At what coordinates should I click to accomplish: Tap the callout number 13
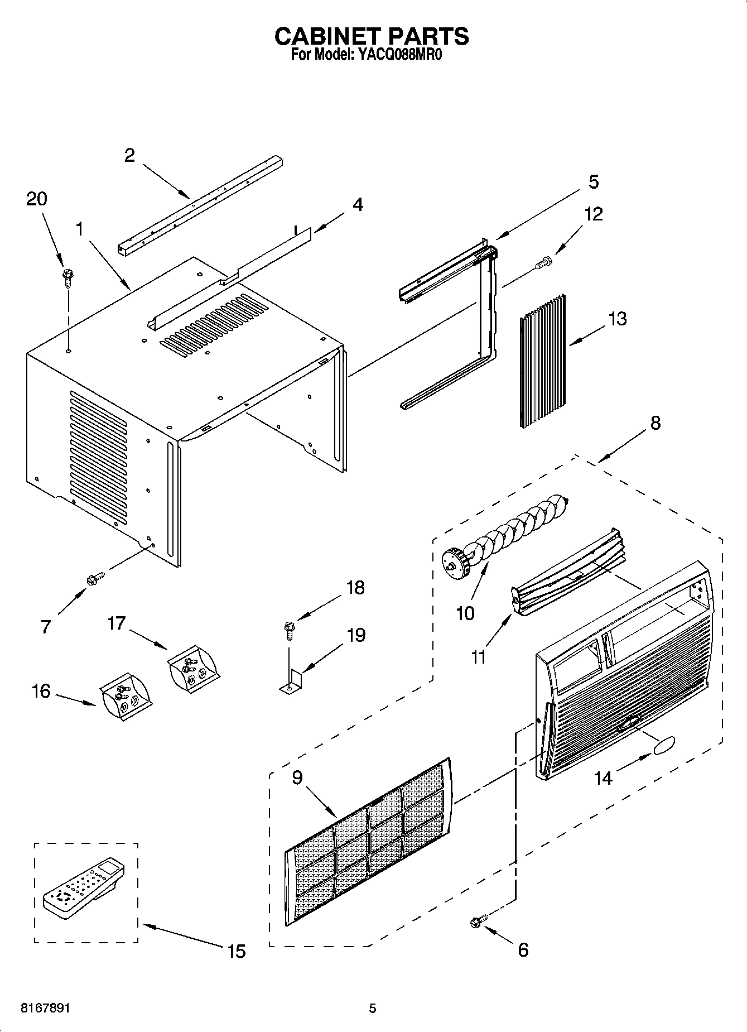(x=617, y=319)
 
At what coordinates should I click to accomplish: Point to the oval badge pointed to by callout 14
(x=662, y=746)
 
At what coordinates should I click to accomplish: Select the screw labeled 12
(x=543, y=262)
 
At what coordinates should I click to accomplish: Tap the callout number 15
(x=237, y=951)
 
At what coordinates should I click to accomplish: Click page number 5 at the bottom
(x=373, y=1009)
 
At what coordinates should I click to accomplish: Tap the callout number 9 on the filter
(x=297, y=777)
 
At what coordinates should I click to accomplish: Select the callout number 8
(x=655, y=423)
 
